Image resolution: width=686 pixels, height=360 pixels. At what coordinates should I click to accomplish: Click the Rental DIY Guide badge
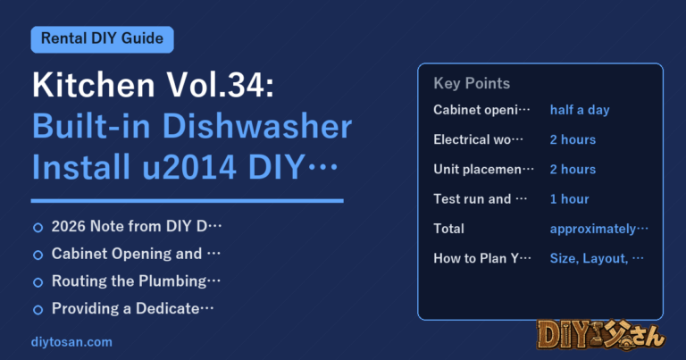click(103, 39)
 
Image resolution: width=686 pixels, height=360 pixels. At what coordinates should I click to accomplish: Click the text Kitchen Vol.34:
click(153, 85)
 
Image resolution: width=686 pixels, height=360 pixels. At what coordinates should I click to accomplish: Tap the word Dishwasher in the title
click(257, 127)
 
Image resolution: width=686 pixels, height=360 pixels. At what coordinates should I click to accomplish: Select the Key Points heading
click(472, 83)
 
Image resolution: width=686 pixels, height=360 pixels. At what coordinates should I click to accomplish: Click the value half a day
click(580, 110)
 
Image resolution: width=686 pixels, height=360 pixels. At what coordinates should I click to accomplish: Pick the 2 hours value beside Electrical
click(573, 139)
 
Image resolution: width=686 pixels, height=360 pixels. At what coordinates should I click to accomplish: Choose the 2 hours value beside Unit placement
click(573, 170)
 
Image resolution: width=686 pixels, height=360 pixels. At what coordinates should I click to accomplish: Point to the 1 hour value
click(569, 199)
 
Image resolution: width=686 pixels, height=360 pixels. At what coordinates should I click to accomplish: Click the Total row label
click(449, 229)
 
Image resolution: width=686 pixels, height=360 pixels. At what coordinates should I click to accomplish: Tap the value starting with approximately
click(599, 229)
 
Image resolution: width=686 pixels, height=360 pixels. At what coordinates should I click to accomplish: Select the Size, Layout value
click(597, 258)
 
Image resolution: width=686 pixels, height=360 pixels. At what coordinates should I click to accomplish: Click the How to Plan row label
click(482, 258)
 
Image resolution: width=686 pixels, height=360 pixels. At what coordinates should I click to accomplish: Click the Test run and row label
click(480, 199)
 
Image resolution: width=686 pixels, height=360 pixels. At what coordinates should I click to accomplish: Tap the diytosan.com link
click(71, 342)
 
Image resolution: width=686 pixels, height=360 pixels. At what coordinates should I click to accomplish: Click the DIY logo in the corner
click(600, 335)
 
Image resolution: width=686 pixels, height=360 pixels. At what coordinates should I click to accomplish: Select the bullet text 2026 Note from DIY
click(137, 226)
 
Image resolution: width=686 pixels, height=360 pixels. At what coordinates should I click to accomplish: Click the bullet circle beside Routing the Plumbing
click(38, 282)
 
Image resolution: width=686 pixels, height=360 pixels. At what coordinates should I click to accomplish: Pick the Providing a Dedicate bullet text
click(132, 308)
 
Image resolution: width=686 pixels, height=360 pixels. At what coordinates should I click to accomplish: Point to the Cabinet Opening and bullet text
click(136, 254)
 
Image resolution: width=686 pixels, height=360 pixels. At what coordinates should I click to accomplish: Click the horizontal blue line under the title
click(188, 201)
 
